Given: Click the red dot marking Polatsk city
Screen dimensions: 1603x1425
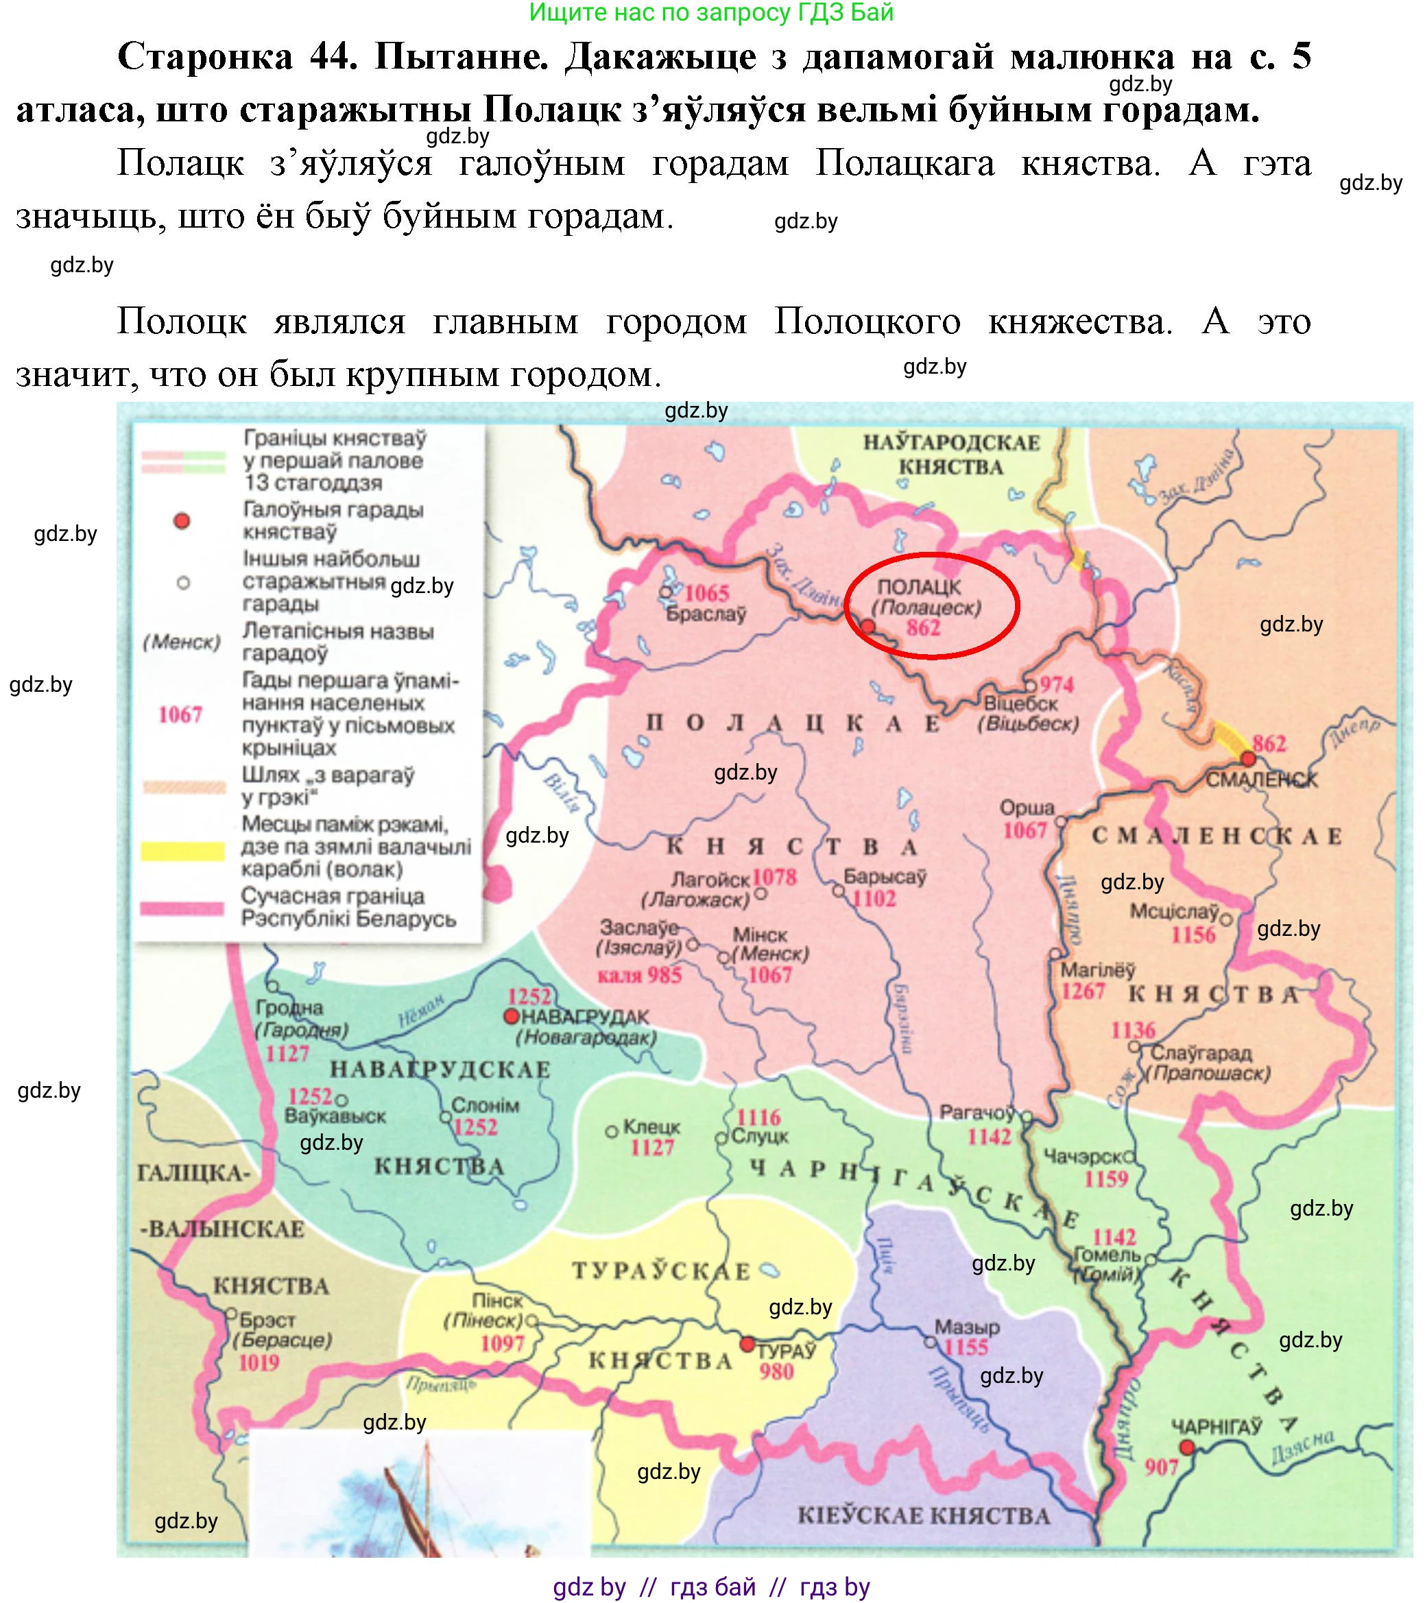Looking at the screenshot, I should (868, 627).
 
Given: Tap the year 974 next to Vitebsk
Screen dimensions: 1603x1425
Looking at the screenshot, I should (1056, 685).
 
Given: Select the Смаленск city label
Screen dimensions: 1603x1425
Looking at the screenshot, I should (1261, 780).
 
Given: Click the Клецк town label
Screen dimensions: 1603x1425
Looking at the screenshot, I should (651, 1127).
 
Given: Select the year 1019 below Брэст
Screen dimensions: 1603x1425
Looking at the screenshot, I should (259, 1362).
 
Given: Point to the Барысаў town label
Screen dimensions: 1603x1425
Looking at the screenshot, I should (885, 877).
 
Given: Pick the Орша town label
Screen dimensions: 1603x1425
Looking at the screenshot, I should (1027, 808).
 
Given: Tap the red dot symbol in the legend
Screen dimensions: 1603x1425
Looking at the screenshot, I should (182, 521).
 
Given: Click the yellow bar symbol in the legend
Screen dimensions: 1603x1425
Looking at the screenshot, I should (182, 851).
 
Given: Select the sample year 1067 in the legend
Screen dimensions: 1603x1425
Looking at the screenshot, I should (180, 714).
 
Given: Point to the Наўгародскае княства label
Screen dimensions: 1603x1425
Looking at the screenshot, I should (951, 455).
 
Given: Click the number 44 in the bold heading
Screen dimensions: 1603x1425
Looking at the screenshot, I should (334, 56).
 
